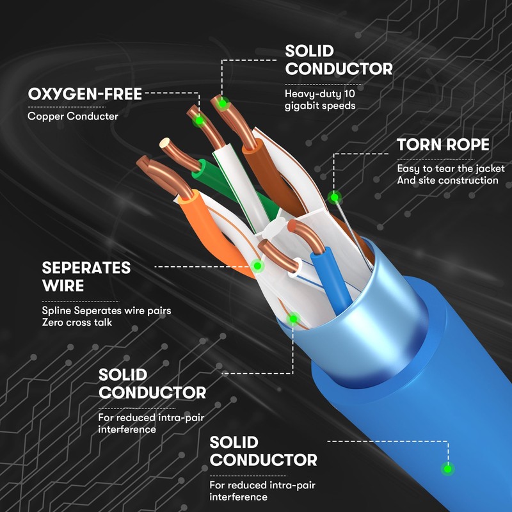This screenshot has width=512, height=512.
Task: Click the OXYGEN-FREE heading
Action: click(x=84, y=95)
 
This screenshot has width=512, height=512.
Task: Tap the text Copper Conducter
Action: click(x=73, y=116)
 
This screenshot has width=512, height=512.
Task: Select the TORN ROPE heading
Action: click(x=443, y=144)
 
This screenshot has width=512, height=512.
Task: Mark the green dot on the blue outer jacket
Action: click(x=448, y=469)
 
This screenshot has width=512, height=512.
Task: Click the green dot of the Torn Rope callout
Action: click(x=333, y=196)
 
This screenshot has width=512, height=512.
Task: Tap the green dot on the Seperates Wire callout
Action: click(x=257, y=264)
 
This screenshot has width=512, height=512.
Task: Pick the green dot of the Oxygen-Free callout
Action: click(x=199, y=120)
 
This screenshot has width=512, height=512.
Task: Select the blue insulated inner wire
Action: click(x=332, y=278)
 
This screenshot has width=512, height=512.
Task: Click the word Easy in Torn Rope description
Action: click(x=408, y=169)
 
